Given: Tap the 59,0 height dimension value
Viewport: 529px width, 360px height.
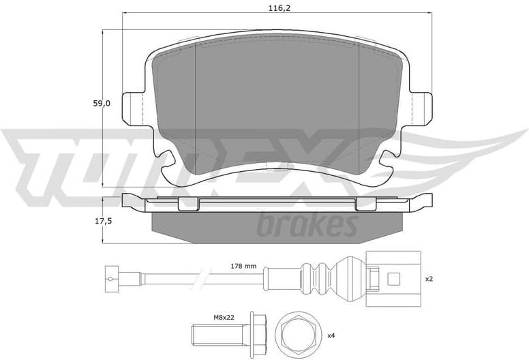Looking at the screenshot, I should click(101, 104).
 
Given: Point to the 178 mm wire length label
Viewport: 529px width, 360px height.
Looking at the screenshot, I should click(243, 266).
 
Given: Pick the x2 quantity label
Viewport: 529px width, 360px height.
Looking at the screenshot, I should click(429, 279).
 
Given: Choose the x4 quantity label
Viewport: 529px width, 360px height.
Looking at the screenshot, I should click(331, 335).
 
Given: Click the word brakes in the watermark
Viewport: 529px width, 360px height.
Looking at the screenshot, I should click(307, 224).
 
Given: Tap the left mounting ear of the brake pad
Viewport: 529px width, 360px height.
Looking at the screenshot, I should click(132, 108).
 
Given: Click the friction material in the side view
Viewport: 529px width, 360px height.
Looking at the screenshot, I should click(276, 224).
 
